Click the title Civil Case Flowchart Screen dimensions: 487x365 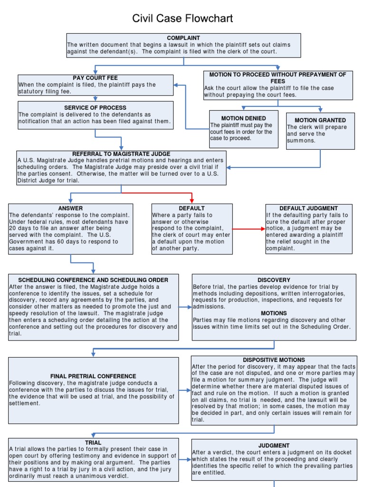tap(182, 19)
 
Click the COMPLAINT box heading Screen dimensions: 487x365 tap(183, 38)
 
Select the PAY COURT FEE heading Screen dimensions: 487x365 tap(95, 78)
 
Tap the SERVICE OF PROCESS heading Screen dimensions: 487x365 tap(95, 108)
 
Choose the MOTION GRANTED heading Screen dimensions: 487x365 tap(320, 120)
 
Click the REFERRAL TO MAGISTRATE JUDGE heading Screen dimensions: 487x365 tap(121, 154)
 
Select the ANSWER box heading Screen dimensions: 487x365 tap(70, 208)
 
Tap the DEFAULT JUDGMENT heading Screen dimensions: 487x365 tap(308, 208)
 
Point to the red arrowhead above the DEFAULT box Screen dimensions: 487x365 tap(192, 200)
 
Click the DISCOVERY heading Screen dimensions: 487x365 tap(274, 280)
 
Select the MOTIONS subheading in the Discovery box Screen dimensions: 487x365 tap(274, 313)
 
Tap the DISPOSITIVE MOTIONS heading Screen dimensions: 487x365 tap(274, 360)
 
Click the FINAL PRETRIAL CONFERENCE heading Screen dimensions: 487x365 tap(93, 376)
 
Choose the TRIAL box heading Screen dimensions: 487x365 tap(93, 442)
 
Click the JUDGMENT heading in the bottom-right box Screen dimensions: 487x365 tap(274, 446)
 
